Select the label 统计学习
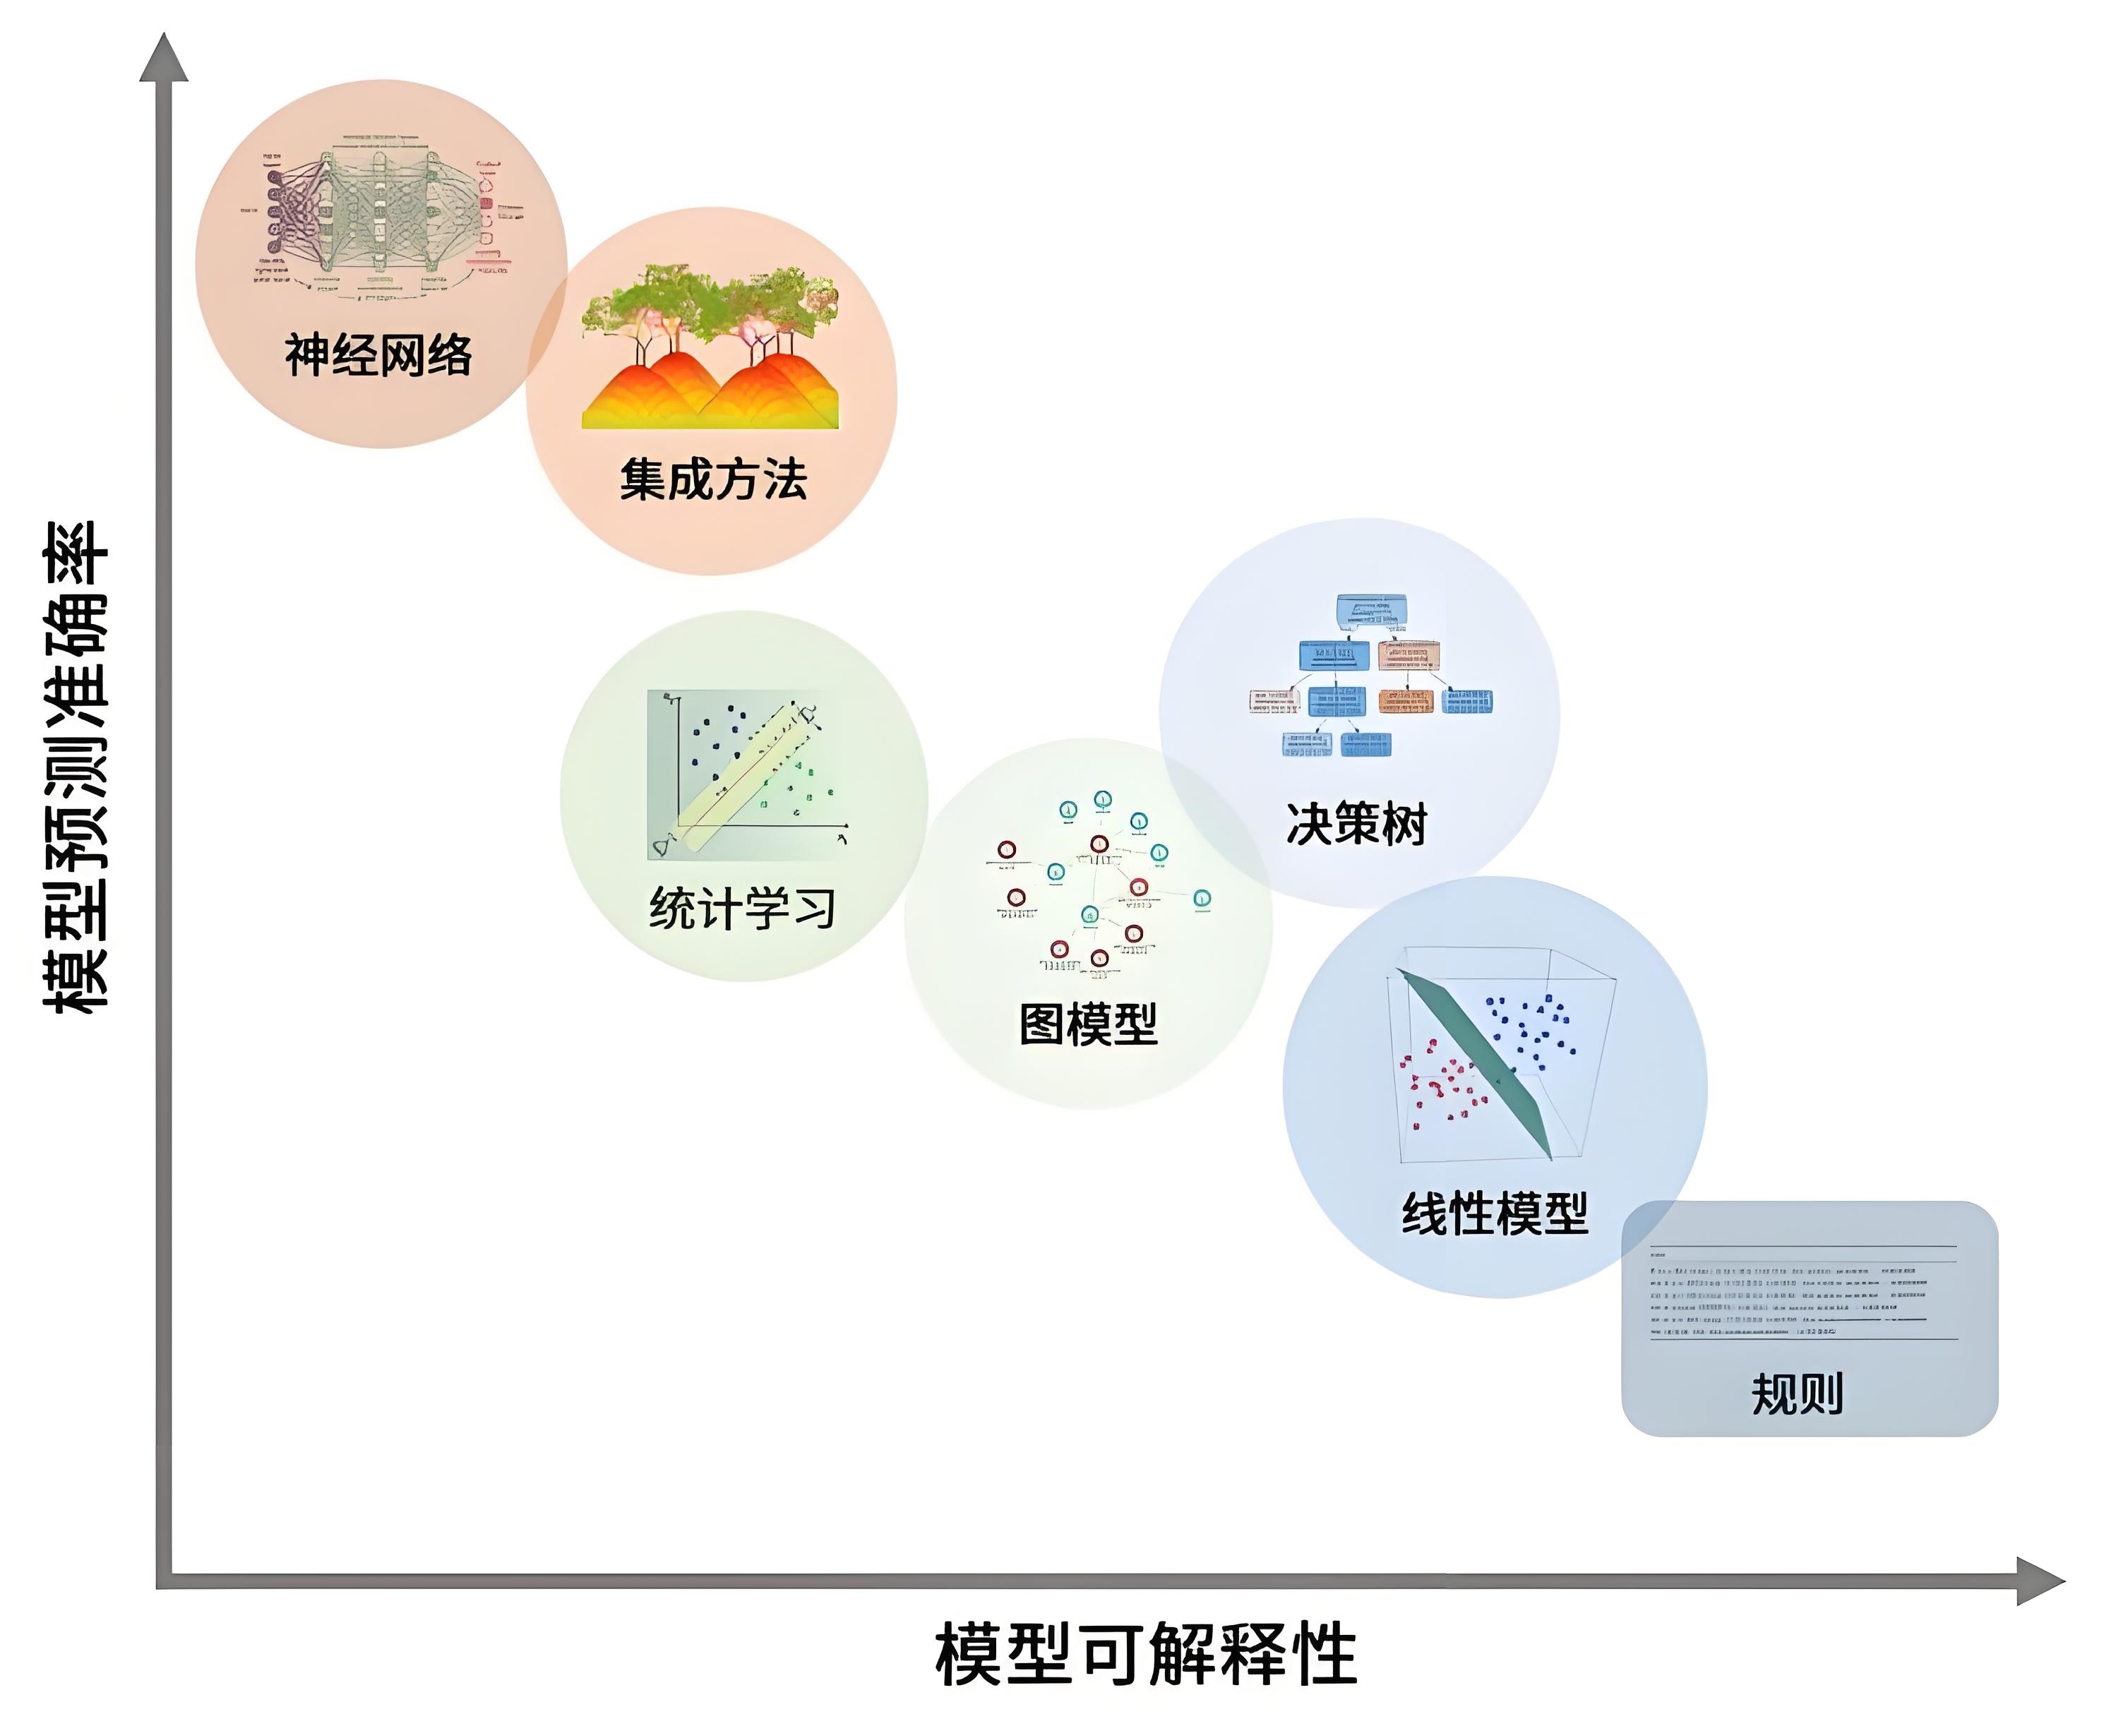(x=742, y=909)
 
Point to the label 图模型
(x=1088, y=1024)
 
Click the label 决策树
(x=1356, y=824)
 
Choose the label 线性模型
(x=1494, y=1214)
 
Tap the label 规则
(x=1797, y=1393)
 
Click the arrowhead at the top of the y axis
(x=164, y=58)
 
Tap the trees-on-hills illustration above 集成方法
(x=710, y=347)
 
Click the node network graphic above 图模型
(x=1097, y=883)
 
